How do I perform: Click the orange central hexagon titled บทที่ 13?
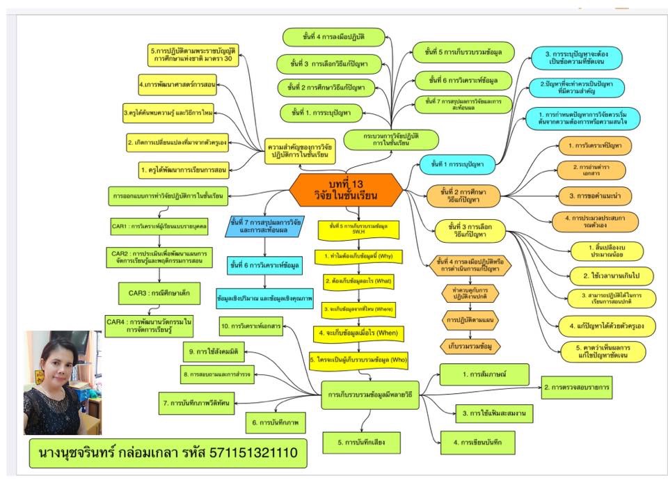point(345,190)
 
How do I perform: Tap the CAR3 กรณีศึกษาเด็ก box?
point(161,293)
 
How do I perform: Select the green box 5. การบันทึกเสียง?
point(362,441)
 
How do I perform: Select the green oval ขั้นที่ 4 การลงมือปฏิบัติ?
point(335,36)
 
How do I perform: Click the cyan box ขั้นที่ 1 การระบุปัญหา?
point(462,164)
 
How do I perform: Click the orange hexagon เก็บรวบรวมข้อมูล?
point(471,345)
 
